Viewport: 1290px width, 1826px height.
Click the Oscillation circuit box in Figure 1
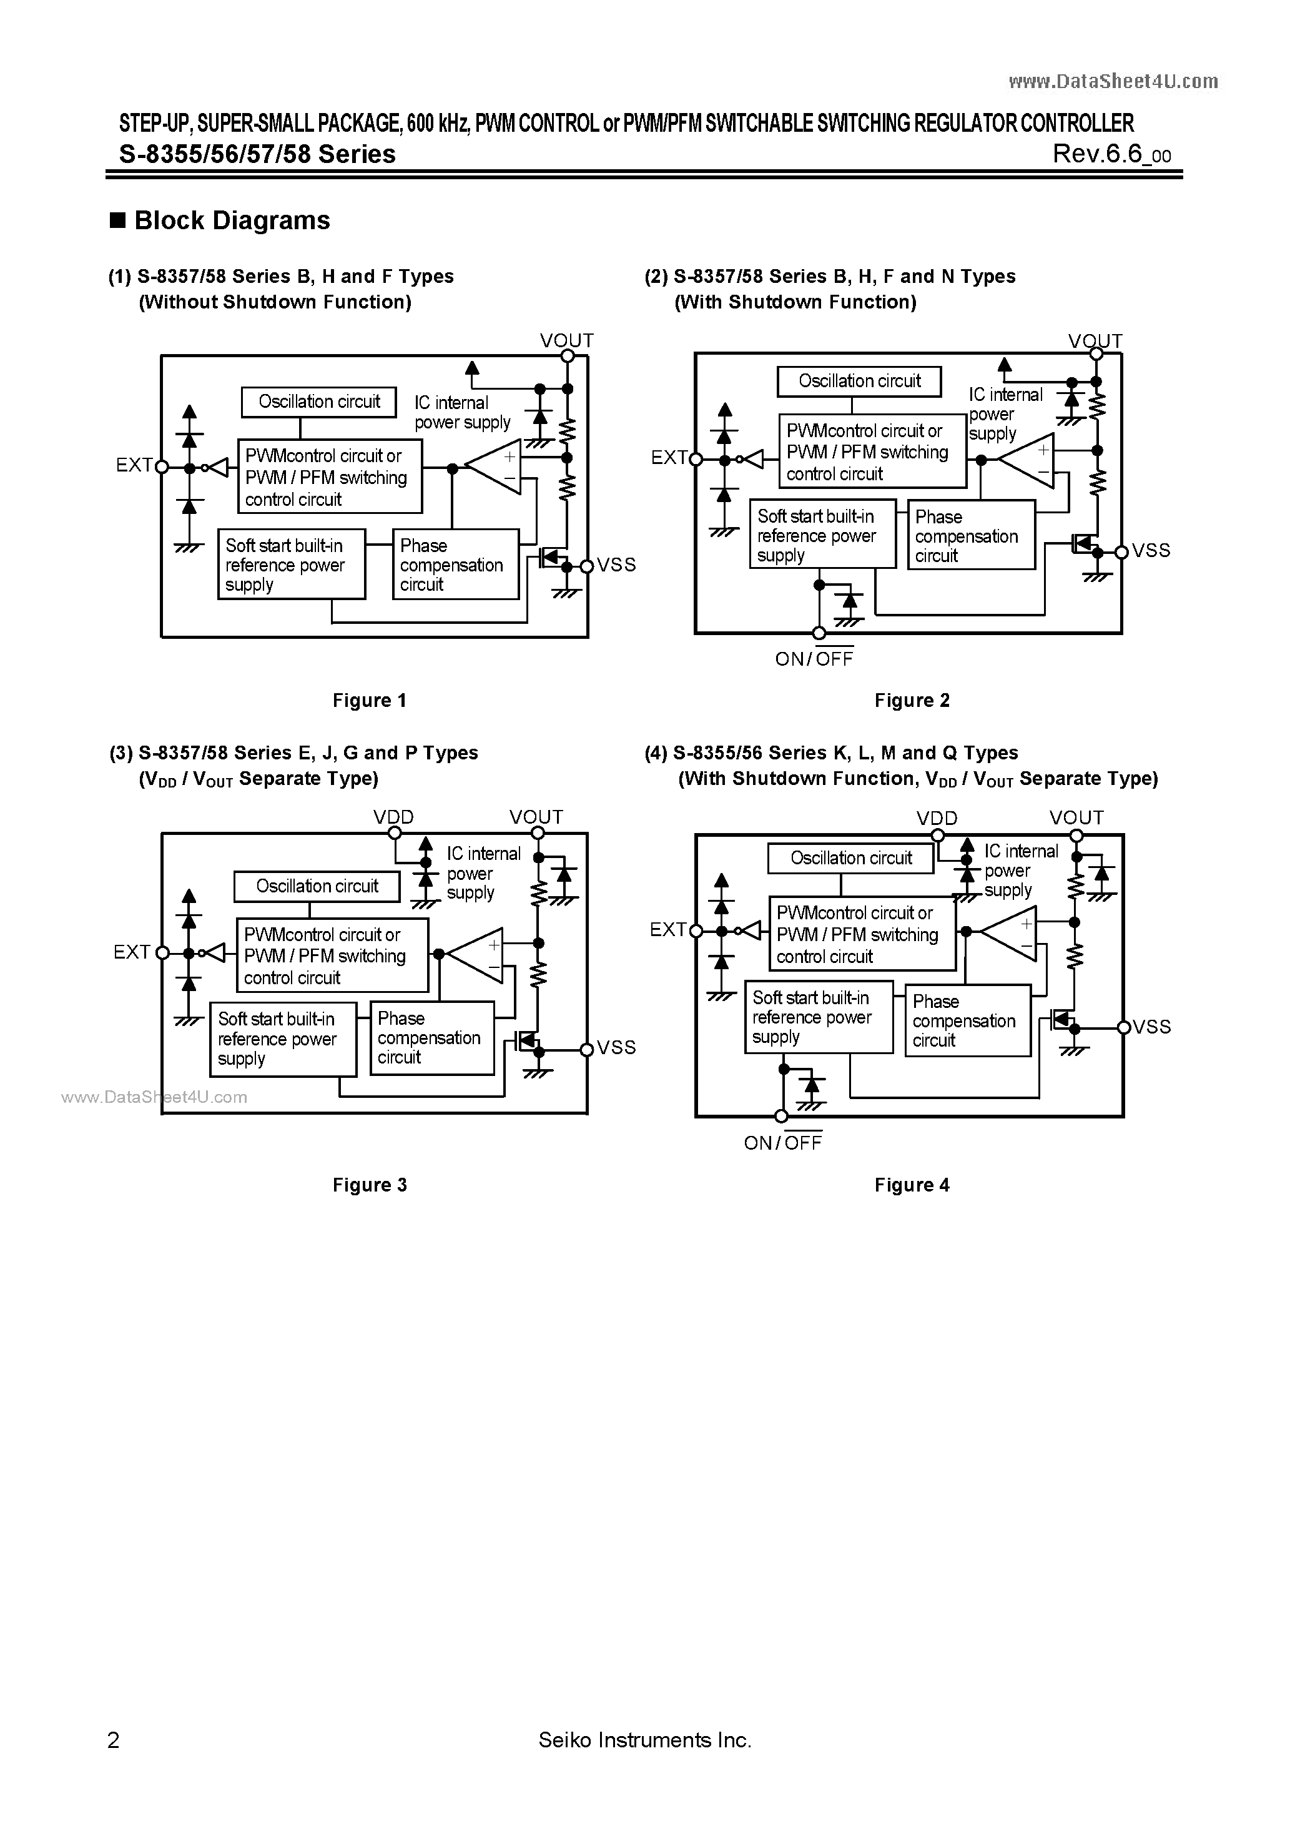pyautogui.click(x=319, y=402)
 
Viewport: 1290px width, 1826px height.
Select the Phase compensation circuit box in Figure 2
pyautogui.click(x=971, y=535)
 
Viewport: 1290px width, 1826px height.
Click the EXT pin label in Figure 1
pyautogui.click(x=134, y=465)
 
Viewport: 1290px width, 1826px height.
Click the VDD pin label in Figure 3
pyautogui.click(x=393, y=817)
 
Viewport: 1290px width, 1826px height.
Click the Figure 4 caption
pyautogui.click(x=912, y=1185)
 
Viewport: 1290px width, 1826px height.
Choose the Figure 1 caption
pyautogui.click(x=369, y=701)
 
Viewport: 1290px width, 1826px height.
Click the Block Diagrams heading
pyautogui.click(x=232, y=220)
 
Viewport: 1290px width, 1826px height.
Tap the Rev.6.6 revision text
pyautogui.click(x=1110, y=154)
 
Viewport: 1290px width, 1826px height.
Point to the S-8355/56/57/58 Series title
pyautogui.click(x=258, y=154)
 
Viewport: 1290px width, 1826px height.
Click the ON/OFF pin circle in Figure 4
pyautogui.click(x=781, y=1117)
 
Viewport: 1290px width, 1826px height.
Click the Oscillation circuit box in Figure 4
pyautogui.click(x=850, y=858)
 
